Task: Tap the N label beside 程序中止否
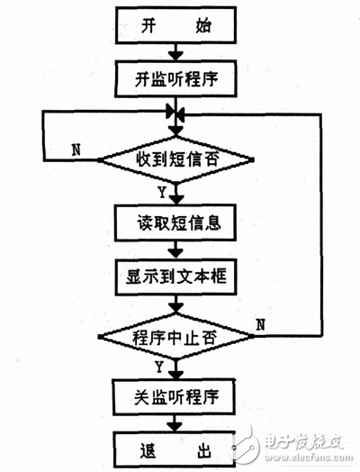click(261, 323)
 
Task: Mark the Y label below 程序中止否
click(159, 367)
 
